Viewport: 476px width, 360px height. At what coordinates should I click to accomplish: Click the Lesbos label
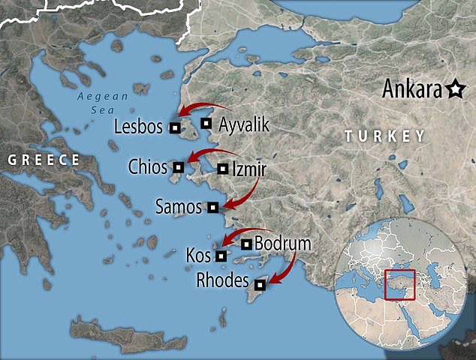(x=137, y=127)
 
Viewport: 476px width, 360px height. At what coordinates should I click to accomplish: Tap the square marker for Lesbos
(x=174, y=127)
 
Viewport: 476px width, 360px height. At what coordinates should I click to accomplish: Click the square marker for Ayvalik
(x=206, y=123)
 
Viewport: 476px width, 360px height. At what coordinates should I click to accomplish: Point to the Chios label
(x=147, y=166)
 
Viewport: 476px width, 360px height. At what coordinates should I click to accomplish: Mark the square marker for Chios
(x=179, y=166)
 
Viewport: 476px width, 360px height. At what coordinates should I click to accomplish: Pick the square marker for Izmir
(x=221, y=169)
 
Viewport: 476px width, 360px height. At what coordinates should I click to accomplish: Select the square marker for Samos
(x=213, y=206)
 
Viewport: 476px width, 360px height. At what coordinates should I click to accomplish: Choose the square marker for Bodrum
(x=246, y=244)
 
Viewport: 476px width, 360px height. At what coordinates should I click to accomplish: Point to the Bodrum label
(x=282, y=244)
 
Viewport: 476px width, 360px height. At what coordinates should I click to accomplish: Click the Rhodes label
(x=221, y=281)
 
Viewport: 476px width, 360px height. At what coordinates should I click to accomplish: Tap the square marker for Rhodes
(x=260, y=284)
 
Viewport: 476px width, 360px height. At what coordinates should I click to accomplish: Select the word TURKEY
(x=384, y=136)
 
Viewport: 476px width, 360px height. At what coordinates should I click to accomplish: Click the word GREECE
(x=42, y=159)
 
